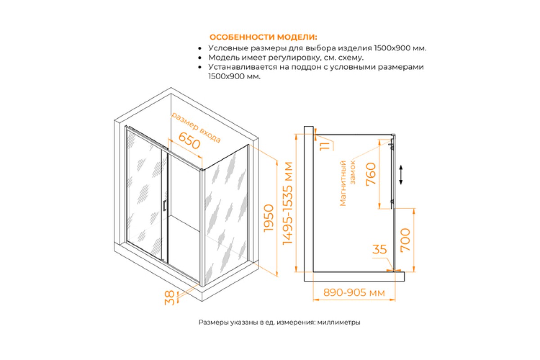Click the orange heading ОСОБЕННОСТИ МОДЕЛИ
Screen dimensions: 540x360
click(263, 37)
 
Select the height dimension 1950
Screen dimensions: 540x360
click(269, 218)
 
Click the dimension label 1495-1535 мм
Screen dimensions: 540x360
click(288, 203)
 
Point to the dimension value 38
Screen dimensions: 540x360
click(170, 298)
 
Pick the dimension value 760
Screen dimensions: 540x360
click(371, 174)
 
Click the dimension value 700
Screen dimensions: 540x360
click(405, 240)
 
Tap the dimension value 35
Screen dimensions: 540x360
click(379, 249)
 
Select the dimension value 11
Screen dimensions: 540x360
click(324, 146)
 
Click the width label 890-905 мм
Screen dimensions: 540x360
click(354, 292)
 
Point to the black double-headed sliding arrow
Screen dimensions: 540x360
click(401, 175)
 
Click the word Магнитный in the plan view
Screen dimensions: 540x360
click(343, 184)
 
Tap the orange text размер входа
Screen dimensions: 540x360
click(196, 127)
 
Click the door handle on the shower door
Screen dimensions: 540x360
click(164, 206)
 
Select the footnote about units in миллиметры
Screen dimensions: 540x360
click(279, 322)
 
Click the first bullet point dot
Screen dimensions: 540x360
click(200, 49)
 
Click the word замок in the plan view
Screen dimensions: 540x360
click(353, 172)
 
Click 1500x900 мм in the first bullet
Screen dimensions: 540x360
click(400, 48)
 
